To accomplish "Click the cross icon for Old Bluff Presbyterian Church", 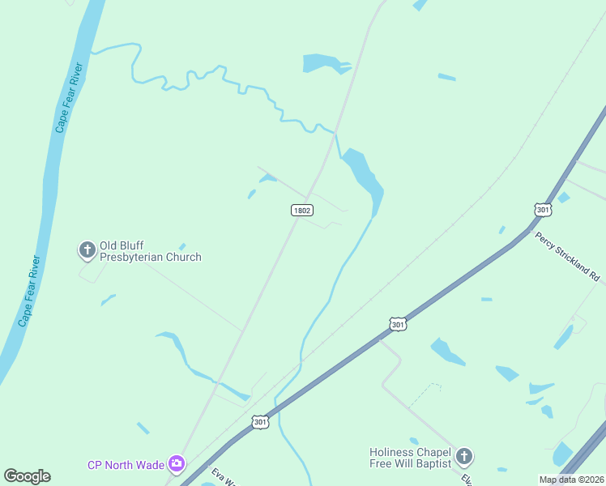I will [87, 250].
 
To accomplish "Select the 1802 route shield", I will [301, 210].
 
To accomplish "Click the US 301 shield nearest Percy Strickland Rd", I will [543, 210].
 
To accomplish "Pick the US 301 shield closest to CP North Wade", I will [259, 422].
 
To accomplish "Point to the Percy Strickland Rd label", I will [566, 256].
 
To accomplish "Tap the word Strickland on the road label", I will [572, 259].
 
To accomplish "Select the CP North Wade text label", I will [126, 465].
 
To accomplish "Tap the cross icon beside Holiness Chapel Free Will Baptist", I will [464, 457].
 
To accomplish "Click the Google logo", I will [28, 476].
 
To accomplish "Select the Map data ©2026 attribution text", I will [571, 480].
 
